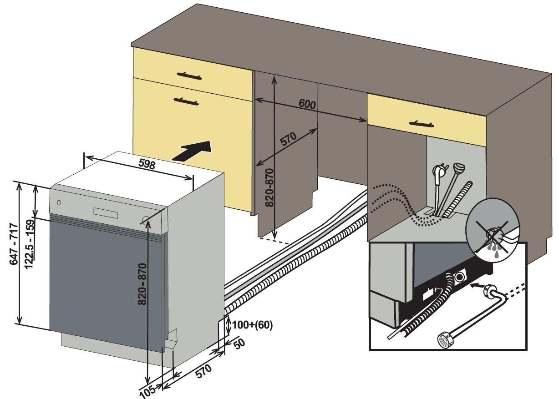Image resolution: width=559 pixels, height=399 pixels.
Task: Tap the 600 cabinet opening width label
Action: [307, 104]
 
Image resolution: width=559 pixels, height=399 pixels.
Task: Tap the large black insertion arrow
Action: [193, 151]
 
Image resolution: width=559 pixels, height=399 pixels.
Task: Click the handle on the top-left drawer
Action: [188, 75]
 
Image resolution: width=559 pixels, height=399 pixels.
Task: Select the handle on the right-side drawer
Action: [423, 123]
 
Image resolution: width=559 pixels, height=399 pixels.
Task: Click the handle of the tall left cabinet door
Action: [186, 101]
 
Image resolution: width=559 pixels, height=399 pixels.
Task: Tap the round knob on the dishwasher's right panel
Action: [146, 221]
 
